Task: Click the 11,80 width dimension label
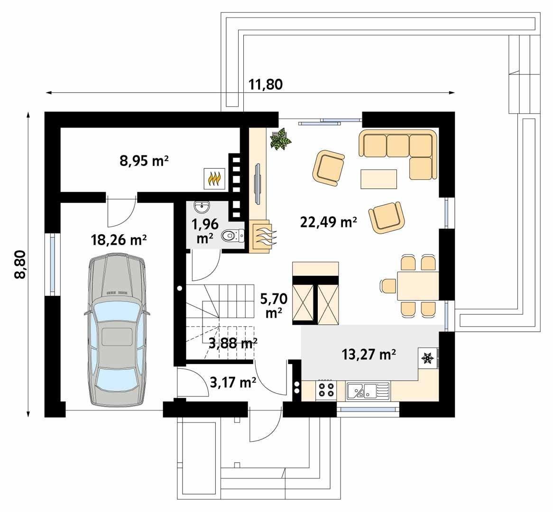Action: coord(266,84)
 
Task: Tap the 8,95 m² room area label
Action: coord(145,162)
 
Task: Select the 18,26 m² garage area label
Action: coord(118,240)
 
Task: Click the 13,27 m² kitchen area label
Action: coord(369,354)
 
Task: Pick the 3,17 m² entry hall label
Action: coord(232,382)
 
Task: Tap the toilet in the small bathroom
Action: coord(232,235)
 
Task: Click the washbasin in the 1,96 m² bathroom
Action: coord(203,206)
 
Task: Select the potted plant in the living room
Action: coord(280,139)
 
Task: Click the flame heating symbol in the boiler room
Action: coord(215,180)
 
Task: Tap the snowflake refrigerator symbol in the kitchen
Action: coord(428,358)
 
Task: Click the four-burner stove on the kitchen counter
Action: coord(326,391)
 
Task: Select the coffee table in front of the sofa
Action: coord(378,179)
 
